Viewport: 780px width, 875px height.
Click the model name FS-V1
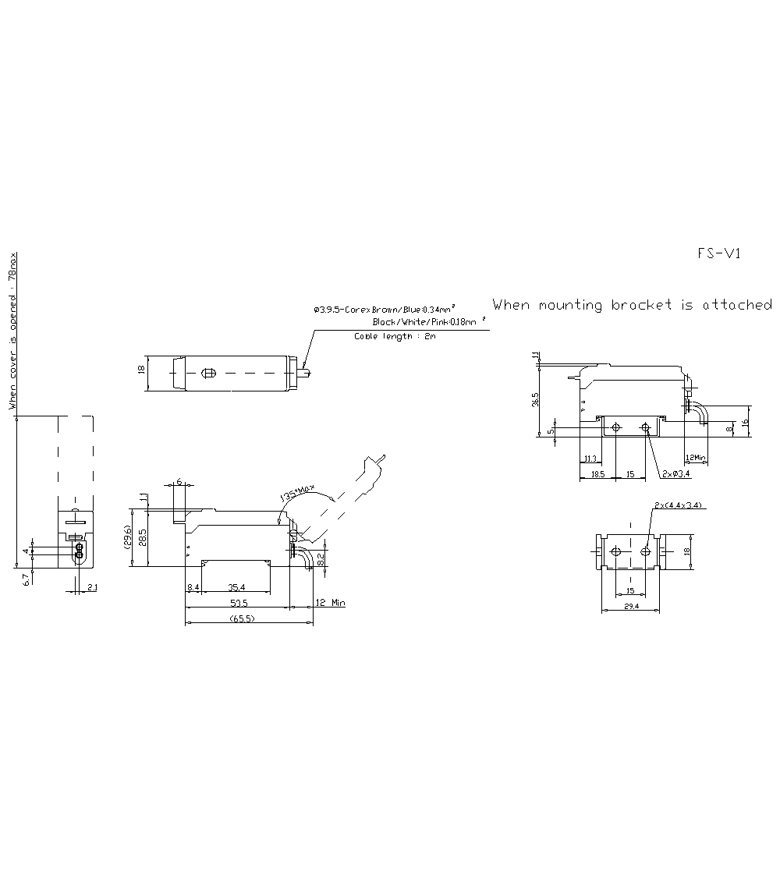click(x=718, y=253)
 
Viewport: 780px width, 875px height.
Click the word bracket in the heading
click(x=641, y=305)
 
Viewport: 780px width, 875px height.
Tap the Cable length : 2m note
click(x=395, y=336)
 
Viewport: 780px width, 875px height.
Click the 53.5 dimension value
click(x=239, y=603)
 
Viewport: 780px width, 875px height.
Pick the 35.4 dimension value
click(x=237, y=586)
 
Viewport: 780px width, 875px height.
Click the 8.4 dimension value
click(x=193, y=586)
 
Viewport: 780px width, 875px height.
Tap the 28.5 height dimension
click(x=142, y=538)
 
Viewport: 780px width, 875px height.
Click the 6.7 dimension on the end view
click(x=27, y=579)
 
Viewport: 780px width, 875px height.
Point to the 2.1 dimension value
click(x=91, y=586)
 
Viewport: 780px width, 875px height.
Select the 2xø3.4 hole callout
click(x=675, y=473)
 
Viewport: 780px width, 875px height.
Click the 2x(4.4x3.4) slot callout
click(x=679, y=505)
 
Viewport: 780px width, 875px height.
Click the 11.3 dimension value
click(x=590, y=459)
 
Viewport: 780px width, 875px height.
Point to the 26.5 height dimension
click(x=535, y=399)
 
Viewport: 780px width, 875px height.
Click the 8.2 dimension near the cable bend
click(x=320, y=558)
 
